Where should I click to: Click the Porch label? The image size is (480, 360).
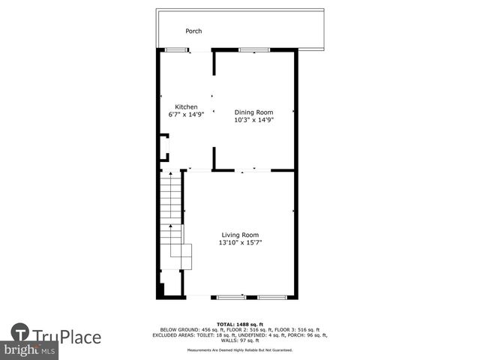coord(194,31)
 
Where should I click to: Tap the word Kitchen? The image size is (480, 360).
coord(186,106)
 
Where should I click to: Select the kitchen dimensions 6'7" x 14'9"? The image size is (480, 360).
coord(186,115)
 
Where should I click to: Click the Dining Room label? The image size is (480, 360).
coord(253,112)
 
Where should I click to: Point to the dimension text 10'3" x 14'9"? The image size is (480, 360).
coord(253,119)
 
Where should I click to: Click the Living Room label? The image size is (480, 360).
coord(240,235)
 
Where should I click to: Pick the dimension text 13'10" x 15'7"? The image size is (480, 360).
coord(240,242)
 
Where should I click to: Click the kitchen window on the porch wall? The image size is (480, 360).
coord(176,50)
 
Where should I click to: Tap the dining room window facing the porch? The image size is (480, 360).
coord(254,50)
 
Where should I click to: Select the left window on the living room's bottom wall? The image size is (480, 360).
coord(232,298)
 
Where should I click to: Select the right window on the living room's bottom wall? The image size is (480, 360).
coord(271,298)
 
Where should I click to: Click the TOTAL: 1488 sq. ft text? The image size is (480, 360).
coord(241,324)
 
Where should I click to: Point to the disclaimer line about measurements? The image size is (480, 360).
coord(241,349)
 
